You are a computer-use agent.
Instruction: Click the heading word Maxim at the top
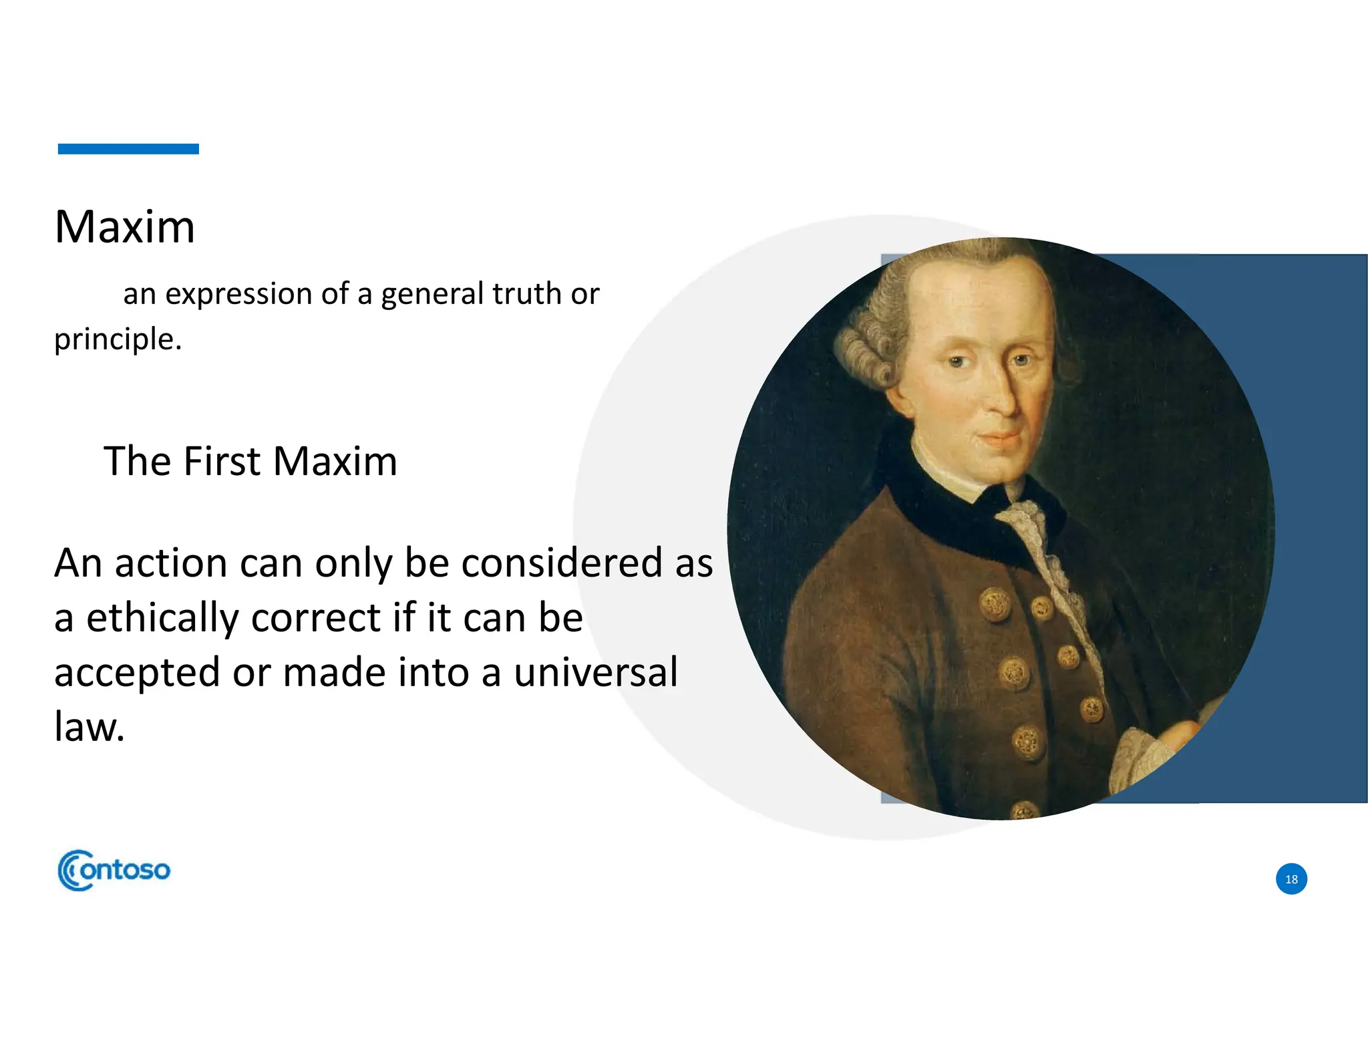pos(125,227)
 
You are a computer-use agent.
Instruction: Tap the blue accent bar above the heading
pos(128,149)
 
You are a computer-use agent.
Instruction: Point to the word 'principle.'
pos(118,339)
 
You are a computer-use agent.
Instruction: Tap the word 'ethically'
pos(162,617)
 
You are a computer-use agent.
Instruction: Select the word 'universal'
pos(596,672)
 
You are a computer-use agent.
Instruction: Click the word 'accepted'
pos(137,673)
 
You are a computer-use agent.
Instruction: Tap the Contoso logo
pos(114,870)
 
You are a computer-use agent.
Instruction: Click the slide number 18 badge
pos(1291,879)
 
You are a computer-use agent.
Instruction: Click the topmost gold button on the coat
pos(995,605)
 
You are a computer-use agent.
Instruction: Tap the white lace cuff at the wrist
pos(1139,758)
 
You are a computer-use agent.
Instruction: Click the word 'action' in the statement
pos(172,563)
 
